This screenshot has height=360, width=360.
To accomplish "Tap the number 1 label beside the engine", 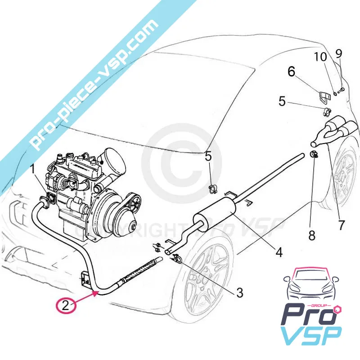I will [32, 170].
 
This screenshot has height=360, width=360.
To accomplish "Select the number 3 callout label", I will [239, 293].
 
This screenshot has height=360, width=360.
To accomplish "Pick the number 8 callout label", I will [312, 235].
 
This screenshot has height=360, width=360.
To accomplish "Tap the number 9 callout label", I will [339, 54].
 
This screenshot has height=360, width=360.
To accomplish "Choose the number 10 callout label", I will [320, 57].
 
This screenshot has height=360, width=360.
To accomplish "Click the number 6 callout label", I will [291, 72].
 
